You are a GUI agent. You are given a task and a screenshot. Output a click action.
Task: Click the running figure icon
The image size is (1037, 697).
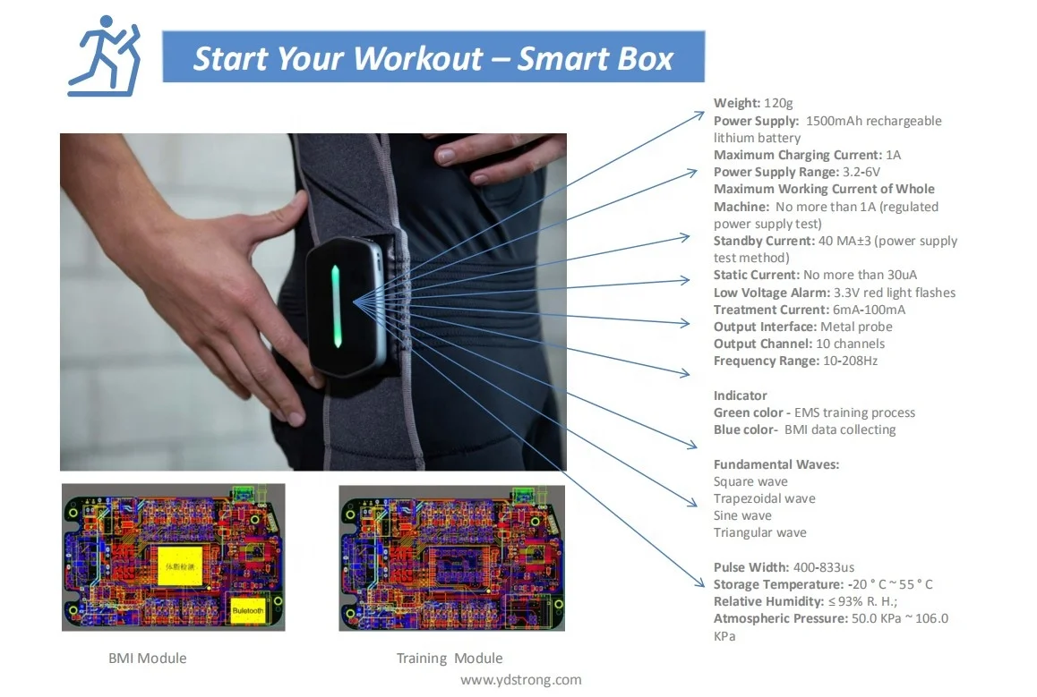pos(104,55)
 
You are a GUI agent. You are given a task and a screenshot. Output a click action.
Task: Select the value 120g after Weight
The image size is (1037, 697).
pos(778,104)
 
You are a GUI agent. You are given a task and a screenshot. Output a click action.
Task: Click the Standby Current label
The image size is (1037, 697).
pos(763,242)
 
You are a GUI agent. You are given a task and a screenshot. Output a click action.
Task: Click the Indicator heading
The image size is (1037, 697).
pos(740,395)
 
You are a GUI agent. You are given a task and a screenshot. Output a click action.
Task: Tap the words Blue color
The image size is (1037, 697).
pos(744,430)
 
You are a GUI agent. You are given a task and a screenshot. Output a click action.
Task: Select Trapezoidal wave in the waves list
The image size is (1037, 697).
pos(764,499)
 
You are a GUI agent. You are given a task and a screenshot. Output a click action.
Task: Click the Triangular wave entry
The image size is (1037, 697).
pos(759,533)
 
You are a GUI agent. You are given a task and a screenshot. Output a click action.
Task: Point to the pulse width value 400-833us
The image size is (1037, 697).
pos(825,567)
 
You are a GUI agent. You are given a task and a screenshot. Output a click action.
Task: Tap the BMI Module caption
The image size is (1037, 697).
pos(147,659)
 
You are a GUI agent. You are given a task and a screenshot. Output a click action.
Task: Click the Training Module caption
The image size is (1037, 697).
pos(450,659)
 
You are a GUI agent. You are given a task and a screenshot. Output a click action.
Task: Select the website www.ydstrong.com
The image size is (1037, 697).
pos(520,680)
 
